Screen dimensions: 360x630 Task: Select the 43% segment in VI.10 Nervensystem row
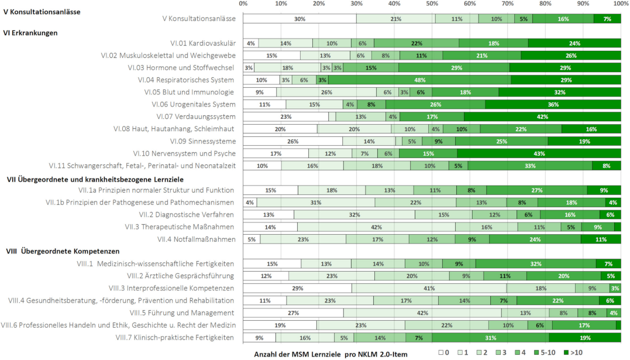539,153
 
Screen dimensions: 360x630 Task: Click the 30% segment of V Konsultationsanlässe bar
299,19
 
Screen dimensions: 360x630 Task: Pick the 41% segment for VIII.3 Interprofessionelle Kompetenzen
429,289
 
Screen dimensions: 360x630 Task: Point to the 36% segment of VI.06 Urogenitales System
553,104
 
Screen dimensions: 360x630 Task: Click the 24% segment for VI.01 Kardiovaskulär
575,43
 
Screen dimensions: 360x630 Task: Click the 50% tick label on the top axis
432,4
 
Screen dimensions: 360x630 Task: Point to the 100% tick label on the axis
620,4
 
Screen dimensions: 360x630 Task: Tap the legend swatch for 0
442,353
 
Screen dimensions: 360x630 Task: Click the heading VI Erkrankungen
30,33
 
